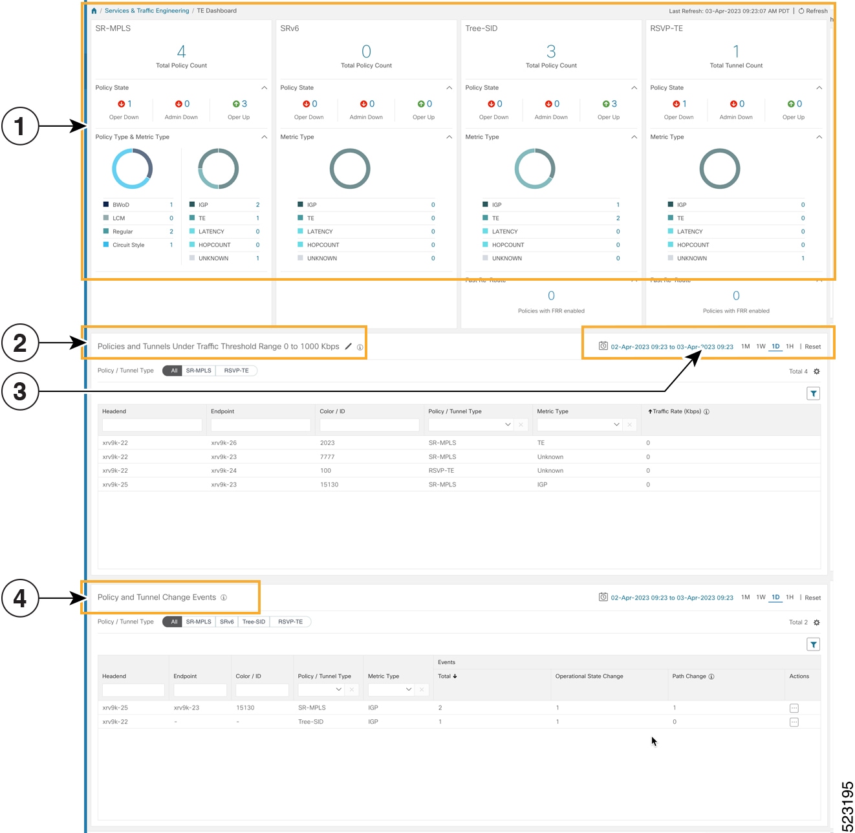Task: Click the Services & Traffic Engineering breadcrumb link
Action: click(x=147, y=11)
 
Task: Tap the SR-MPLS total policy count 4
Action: click(x=181, y=52)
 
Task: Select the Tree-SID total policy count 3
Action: click(x=551, y=52)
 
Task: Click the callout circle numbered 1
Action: click(x=20, y=126)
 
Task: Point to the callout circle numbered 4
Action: click(x=20, y=598)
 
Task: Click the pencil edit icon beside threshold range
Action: click(x=349, y=347)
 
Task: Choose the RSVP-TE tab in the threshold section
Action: click(x=236, y=371)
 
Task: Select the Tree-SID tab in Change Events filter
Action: click(x=254, y=622)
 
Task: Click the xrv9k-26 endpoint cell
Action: click(x=224, y=443)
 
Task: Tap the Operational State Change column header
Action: click(x=589, y=676)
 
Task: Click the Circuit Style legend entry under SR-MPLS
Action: click(x=128, y=245)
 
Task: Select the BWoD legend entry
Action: click(x=121, y=205)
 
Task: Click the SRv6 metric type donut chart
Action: click(x=350, y=169)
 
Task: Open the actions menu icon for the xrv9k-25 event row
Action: click(x=794, y=708)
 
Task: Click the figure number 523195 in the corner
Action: click(x=847, y=806)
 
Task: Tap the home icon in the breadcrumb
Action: click(x=94, y=11)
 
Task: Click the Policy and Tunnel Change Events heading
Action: click(x=157, y=598)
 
